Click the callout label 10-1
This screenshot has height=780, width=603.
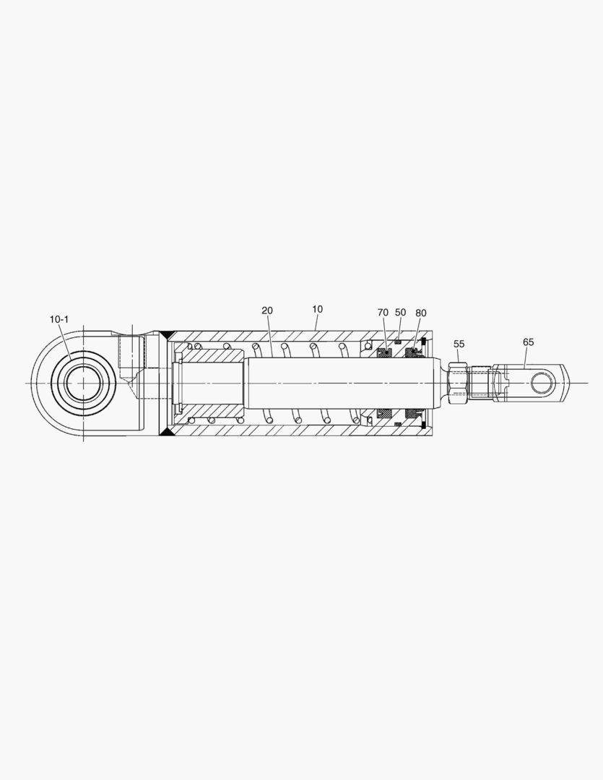(59, 319)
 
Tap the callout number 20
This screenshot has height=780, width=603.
(267, 311)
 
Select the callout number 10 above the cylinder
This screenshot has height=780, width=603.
(317, 309)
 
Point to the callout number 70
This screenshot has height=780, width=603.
(383, 313)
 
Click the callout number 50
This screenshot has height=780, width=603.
(400, 312)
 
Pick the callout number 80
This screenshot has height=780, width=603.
(421, 313)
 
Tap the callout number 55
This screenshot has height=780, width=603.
(459, 344)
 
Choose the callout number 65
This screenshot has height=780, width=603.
(529, 342)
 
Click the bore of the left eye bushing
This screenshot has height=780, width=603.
(82, 382)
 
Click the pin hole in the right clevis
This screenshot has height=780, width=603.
(543, 381)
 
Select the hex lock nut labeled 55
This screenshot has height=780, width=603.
(457, 383)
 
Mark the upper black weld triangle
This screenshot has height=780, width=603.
(167, 335)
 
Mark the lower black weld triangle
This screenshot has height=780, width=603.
(167, 430)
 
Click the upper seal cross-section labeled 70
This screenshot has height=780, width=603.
(384, 353)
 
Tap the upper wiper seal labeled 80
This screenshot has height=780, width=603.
(413, 352)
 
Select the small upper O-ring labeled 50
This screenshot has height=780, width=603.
(398, 342)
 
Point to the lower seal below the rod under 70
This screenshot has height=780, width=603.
(384, 413)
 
